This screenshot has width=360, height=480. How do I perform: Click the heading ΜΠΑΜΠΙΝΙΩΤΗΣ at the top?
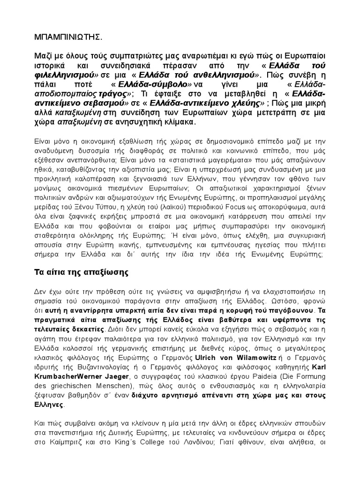click(x=66, y=36)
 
